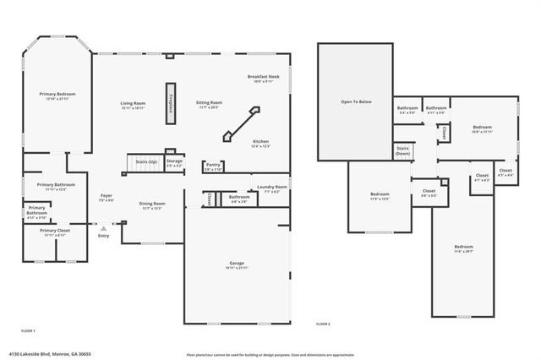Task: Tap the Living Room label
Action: pyautogui.click(x=133, y=103)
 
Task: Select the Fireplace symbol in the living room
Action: pyautogui.click(x=170, y=104)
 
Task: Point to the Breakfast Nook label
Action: pyautogui.click(x=260, y=78)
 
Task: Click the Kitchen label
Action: pyautogui.click(x=260, y=142)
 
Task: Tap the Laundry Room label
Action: pyautogui.click(x=275, y=187)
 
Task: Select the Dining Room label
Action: pyautogui.click(x=152, y=204)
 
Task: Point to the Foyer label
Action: pyautogui.click(x=107, y=196)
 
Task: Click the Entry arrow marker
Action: pyautogui.click(x=103, y=228)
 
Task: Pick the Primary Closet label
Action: pyautogui.click(x=54, y=230)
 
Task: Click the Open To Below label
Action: pyautogui.click(x=356, y=101)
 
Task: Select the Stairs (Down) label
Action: pyautogui.click(x=403, y=150)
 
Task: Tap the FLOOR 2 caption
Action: pyautogui.click(x=323, y=324)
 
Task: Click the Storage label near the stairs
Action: pyautogui.click(x=174, y=160)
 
